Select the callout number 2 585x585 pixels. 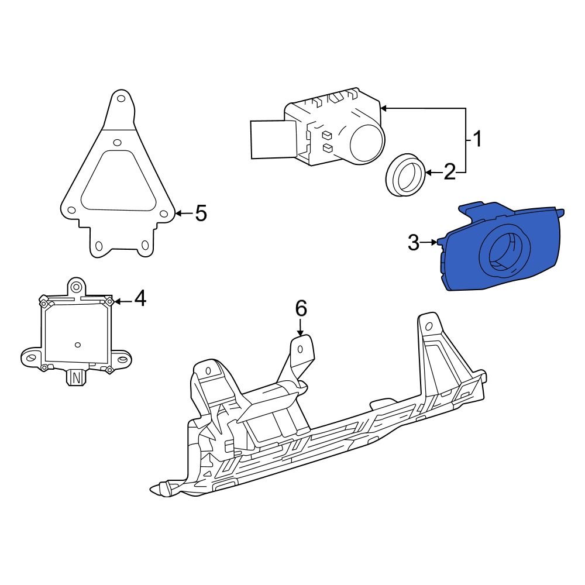pyautogui.click(x=449, y=172)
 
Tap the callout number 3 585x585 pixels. pyautogui.click(x=414, y=242)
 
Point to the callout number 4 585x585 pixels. pyautogui.click(x=140, y=300)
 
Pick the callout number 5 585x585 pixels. pyautogui.click(x=201, y=214)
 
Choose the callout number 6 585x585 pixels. pyautogui.click(x=300, y=308)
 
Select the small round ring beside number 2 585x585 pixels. pyautogui.click(x=405, y=174)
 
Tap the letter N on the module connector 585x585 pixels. pyautogui.click(x=75, y=378)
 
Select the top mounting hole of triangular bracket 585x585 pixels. pyautogui.click(x=121, y=99)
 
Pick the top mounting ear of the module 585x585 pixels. pyautogui.click(x=75, y=286)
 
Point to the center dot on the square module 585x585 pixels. pyautogui.click(x=77, y=345)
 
